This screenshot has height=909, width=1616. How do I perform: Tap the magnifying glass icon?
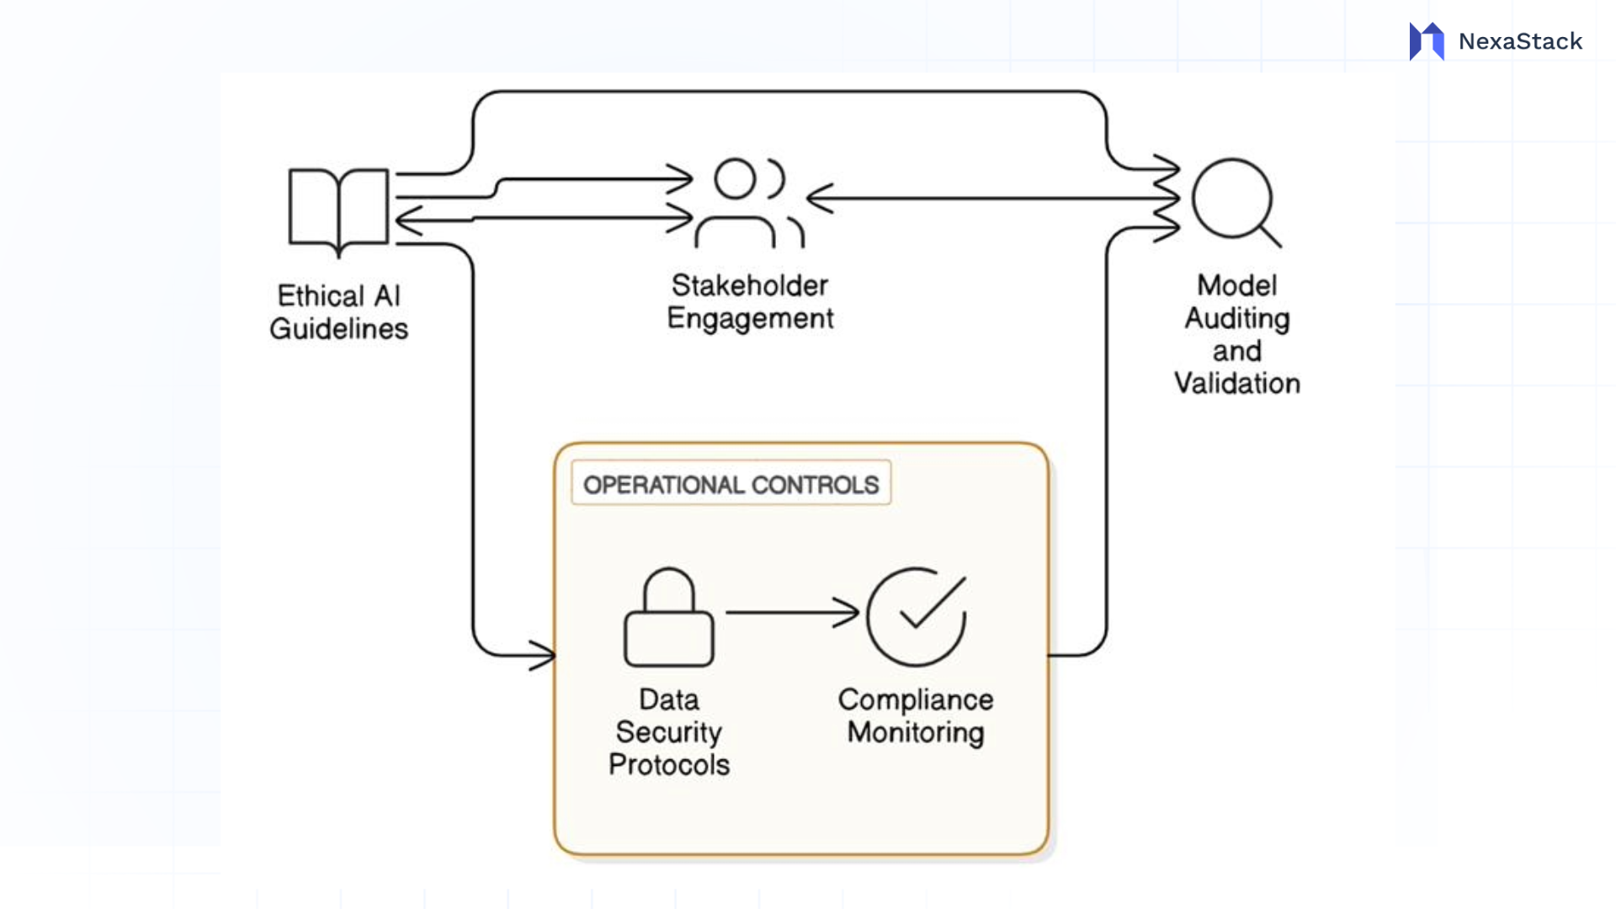tap(1234, 200)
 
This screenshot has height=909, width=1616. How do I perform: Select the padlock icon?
tap(669, 619)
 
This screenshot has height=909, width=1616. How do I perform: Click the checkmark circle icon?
tap(917, 617)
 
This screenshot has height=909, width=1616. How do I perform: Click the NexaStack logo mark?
tap(1427, 41)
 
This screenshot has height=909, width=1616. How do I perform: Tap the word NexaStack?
tap(1520, 41)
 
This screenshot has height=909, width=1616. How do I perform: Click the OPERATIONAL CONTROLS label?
tap(731, 484)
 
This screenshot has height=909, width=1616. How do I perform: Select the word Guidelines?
tap(338, 328)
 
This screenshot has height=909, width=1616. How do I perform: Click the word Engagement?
tap(750, 318)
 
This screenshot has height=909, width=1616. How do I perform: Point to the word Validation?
tap(1236, 384)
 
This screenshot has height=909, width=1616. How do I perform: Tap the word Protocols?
tap(669, 764)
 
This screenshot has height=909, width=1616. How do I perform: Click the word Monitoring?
tap(916, 732)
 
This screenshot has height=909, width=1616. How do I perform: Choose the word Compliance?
tap(916, 699)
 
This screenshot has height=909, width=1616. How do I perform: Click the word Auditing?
tap(1236, 318)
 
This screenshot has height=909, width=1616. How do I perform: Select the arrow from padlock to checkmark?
tap(791, 613)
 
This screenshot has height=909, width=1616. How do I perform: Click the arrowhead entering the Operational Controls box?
tap(544, 655)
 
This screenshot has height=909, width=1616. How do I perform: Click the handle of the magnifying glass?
tap(1270, 237)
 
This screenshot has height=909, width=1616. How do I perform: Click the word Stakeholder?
tap(750, 285)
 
